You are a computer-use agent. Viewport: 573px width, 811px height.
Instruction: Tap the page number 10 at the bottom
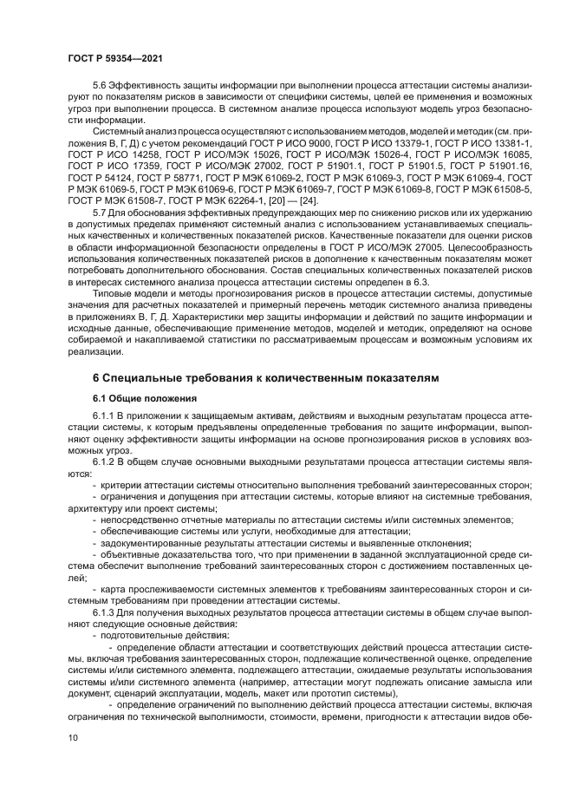(73, 737)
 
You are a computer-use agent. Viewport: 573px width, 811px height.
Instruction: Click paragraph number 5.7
(100, 212)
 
